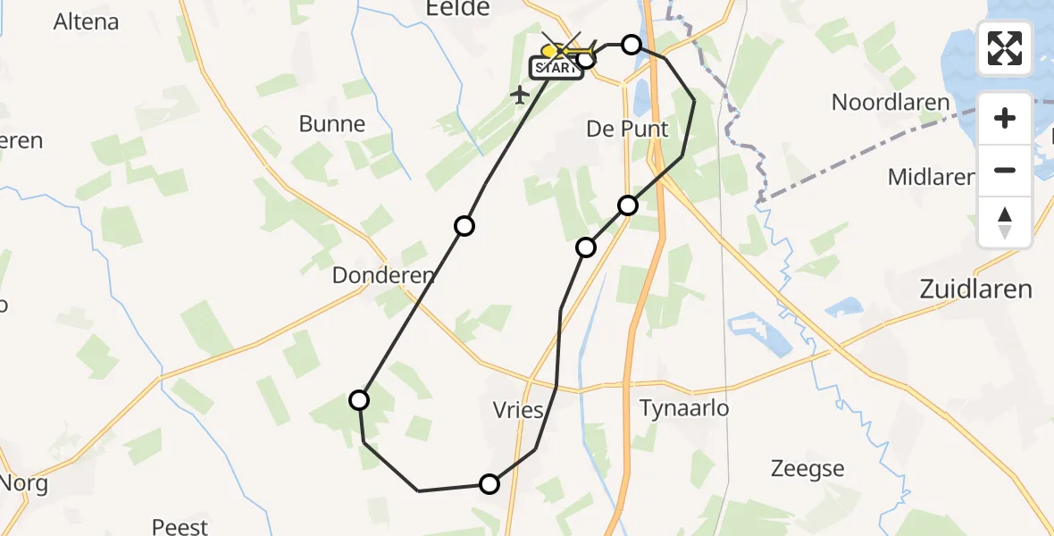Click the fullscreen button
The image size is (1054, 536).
pyautogui.click(x=1005, y=48)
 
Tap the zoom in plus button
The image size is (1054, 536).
pyautogui.click(x=1005, y=118)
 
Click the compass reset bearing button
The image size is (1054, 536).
pyautogui.click(x=1005, y=222)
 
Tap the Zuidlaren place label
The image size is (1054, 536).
pyautogui.click(x=975, y=289)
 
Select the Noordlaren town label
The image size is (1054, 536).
pyautogui.click(x=891, y=102)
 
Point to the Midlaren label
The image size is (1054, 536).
pyautogui.click(x=931, y=177)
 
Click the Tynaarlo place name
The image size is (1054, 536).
pyautogui.click(x=684, y=408)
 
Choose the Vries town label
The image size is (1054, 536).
pyautogui.click(x=518, y=410)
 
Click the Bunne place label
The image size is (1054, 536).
pyautogui.click(x=332, y=124)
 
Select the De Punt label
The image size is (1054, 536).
pyautogui.click(x=627, y=129)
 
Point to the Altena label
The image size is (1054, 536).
pyautogui.click(x=86, y=21)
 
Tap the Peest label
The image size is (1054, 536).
pyautogui.click(x=180, y=527)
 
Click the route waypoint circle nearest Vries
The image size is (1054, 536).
pyautogui.click(x=489, y=484)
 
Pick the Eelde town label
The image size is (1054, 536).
pyautogui.click(x=460, y=8)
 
